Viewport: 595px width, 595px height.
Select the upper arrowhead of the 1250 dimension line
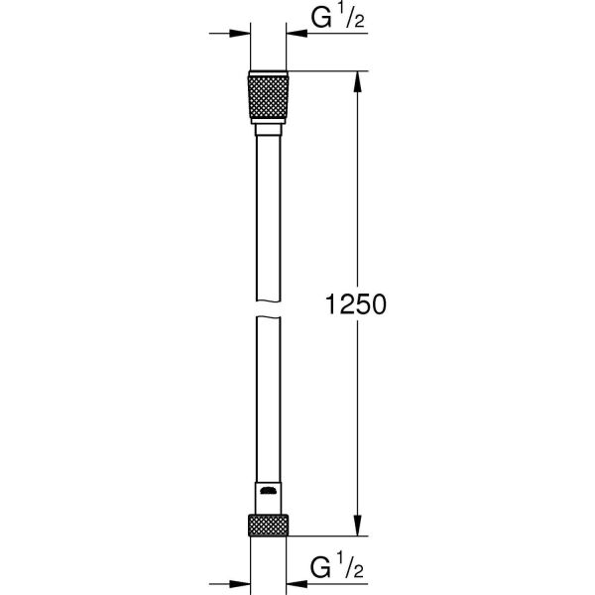357,81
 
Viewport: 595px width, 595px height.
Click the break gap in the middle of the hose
267,308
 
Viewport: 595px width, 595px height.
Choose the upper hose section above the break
267,218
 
